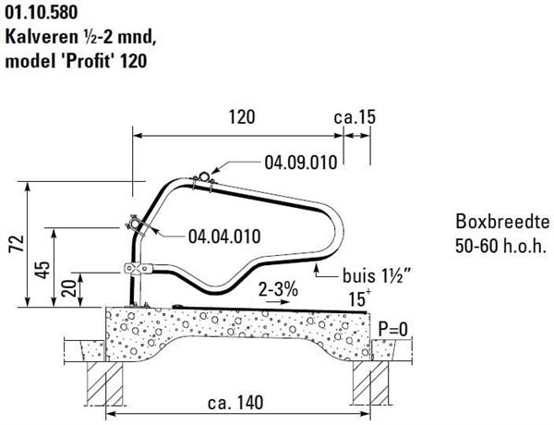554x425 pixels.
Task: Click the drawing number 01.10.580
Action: [41, 12]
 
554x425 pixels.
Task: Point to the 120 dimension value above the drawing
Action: [242, 117]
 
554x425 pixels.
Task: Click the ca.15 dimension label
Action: [355, 117]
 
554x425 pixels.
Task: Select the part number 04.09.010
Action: [301, 163]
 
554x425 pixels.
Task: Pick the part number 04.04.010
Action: [224, 237]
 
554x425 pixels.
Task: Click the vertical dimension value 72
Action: [17, 243]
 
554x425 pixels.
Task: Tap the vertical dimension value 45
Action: [43, 270]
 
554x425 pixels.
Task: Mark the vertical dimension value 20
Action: [69, 288]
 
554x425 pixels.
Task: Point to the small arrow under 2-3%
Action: [277, 302]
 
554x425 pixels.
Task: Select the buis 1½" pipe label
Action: [377, 275]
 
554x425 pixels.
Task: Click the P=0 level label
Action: [393, 329]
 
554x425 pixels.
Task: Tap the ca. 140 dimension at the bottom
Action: [235, 403]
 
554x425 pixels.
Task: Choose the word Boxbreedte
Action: [502, 222]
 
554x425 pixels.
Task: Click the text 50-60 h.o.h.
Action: [500, 246]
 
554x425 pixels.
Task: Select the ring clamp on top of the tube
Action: [204, 176]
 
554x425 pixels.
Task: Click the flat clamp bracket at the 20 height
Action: [138, 268]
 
